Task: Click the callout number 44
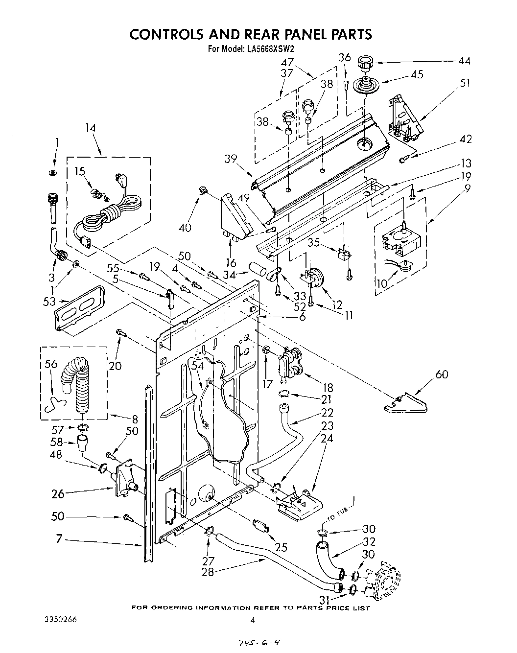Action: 464,61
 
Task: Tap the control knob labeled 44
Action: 364,64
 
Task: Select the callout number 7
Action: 59,539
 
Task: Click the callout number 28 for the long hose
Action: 208,571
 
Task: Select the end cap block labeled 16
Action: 234,215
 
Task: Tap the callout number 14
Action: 90,128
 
